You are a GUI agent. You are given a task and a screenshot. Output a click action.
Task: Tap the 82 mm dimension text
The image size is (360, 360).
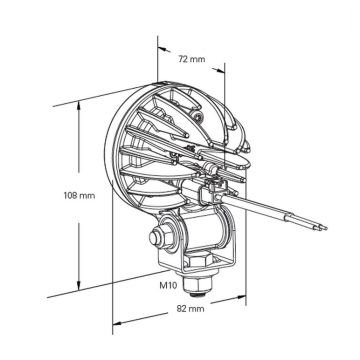[x=189, y=309]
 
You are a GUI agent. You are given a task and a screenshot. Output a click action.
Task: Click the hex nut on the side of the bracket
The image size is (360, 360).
[x=156, y=241]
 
